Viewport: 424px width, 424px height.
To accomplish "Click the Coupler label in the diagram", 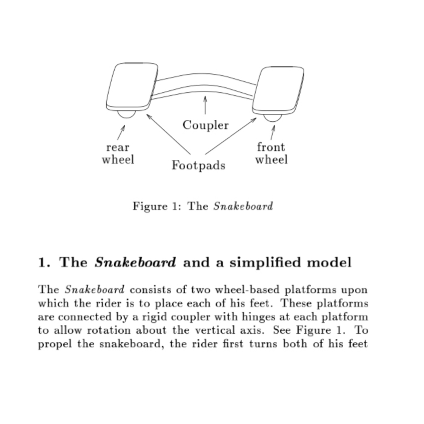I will (x=205, y=125).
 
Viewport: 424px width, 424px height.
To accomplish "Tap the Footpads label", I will (x=198, y=165).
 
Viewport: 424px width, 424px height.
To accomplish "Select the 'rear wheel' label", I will (x=118, y=154).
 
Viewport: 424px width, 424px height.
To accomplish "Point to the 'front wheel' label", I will (x=271, y=153).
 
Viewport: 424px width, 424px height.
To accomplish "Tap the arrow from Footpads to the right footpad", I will (x=231, y=135).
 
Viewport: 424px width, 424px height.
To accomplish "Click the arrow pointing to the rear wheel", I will (x=121, y=132).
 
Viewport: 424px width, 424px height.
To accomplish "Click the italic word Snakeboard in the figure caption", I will (x=243, y=206).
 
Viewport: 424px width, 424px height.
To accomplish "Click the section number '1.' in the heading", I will (x=44, y=262).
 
